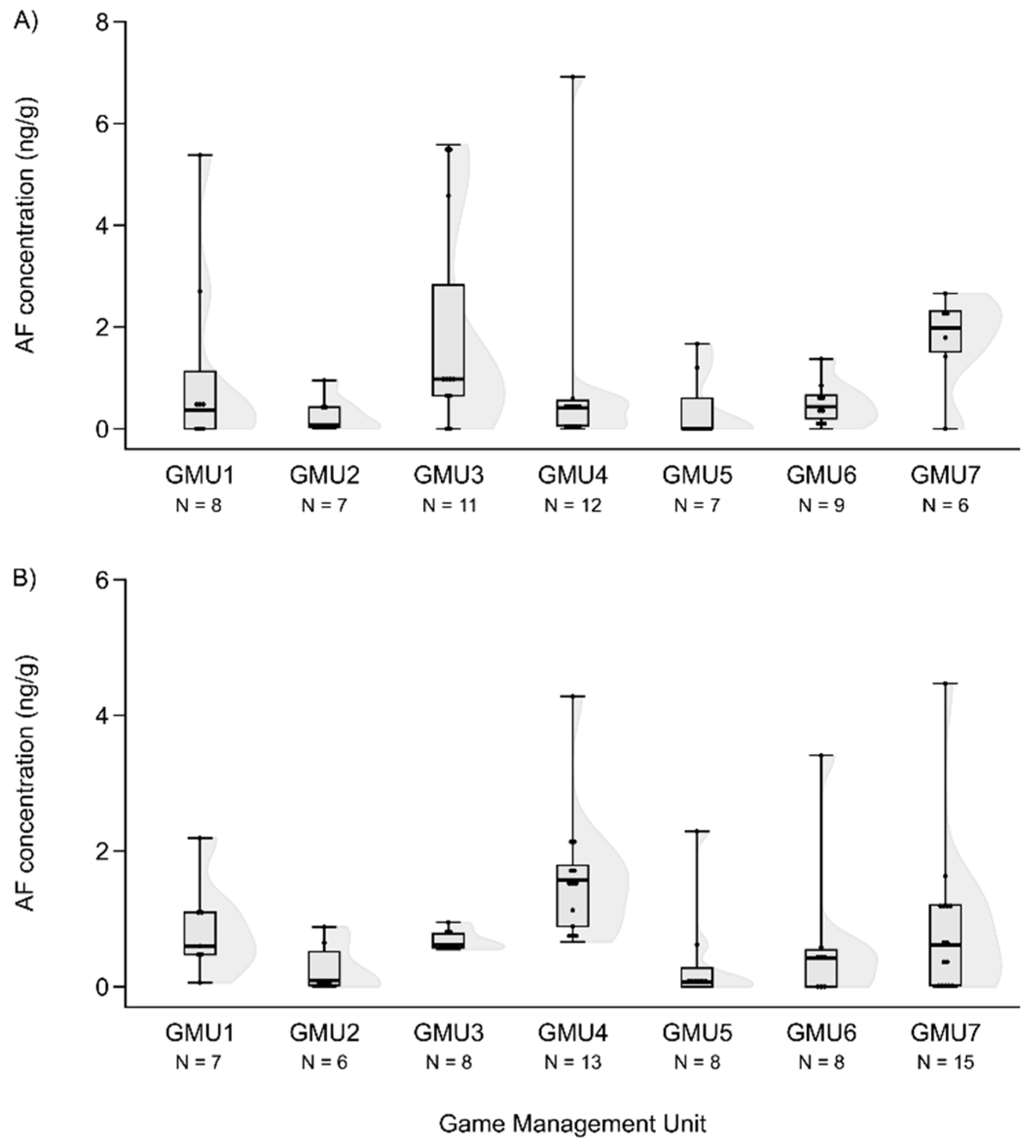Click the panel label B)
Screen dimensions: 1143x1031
tap(24, 579)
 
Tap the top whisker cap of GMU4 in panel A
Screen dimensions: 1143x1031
tap(573, 76)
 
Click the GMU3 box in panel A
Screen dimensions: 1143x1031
tap(448, 340)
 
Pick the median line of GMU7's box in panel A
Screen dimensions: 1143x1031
tap(945, 327)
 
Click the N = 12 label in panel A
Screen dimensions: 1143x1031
tap(573, 505)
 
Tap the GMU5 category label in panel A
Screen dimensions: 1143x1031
tap(697, 475)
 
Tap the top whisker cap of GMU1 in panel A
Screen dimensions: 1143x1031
tap(200, 154)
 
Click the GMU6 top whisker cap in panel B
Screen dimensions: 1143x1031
tap(821, 755)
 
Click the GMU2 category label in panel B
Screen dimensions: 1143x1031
tap(324, 1033)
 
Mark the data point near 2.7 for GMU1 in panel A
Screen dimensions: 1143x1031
tap(200, 291)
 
